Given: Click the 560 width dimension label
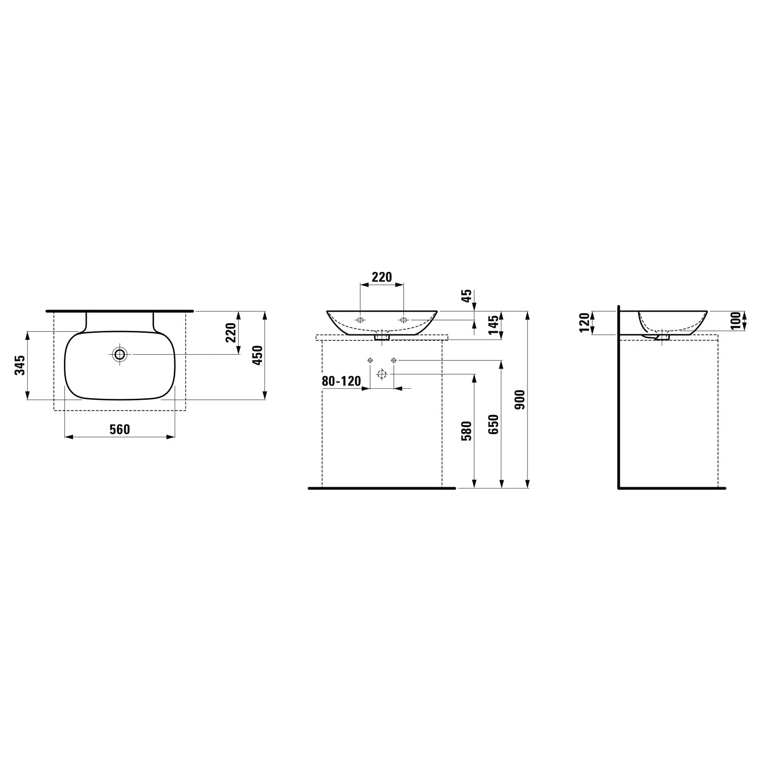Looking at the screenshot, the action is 120,430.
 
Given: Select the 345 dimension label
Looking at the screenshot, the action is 20,365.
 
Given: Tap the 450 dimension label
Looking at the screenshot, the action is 257,355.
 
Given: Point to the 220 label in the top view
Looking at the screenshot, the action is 231,333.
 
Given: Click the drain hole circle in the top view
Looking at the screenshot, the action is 120,354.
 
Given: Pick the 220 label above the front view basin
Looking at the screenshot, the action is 382,277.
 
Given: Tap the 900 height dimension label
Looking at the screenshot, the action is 521,400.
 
